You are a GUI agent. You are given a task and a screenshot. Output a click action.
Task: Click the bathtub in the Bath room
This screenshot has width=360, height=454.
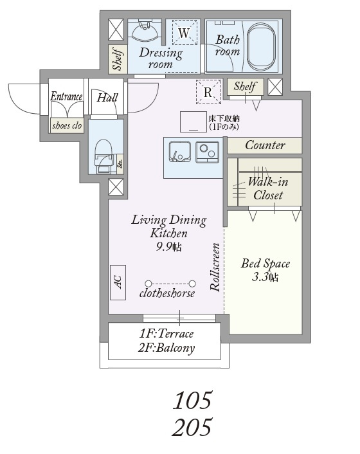click(261, 47)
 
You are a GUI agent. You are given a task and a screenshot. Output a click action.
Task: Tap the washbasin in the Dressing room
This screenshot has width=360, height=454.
click(145, 30)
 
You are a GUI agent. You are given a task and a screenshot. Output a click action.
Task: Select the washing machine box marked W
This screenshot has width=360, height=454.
click(184, 32)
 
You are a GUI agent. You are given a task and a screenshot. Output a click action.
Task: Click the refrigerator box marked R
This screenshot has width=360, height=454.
click(208, 92)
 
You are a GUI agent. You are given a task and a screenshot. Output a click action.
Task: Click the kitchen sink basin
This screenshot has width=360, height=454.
click(180, 152)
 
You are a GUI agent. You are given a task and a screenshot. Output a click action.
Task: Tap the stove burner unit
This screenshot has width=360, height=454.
click(207, 152)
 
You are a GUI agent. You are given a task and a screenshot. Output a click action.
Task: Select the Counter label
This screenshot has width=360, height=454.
click(265, 145)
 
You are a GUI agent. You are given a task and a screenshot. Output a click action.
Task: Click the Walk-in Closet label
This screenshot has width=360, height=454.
click(268, 188)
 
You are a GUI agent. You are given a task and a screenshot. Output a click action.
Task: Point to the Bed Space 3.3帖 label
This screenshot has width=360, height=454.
click(265, 270)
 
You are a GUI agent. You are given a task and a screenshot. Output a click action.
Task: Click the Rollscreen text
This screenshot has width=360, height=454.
click(215, 267)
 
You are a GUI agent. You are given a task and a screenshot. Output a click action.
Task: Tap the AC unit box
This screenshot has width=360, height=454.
click(118, 282)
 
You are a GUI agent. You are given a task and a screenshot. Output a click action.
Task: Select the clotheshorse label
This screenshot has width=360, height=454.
click(167, 293)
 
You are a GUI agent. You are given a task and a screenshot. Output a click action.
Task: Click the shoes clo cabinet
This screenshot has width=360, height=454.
click(67, 125)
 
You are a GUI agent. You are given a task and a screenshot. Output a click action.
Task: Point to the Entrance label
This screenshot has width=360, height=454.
click(67, 96)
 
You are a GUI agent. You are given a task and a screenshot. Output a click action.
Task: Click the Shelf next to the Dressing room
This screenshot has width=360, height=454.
click(118, 59)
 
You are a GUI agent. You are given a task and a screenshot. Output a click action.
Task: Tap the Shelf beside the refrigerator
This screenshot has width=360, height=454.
click(245, 86)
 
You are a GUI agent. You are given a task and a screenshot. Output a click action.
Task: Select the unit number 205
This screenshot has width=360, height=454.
click(192, 427)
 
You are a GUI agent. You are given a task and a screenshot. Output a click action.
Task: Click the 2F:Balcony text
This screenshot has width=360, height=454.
click(166, 348)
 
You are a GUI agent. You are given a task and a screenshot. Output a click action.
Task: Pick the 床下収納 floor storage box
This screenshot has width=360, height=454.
click(194, 122)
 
